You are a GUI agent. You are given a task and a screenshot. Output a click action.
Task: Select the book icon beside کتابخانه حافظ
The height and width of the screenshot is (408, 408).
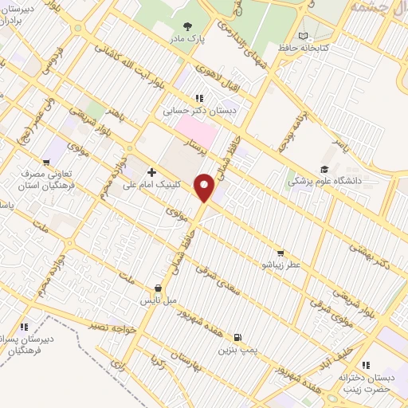(303, 36)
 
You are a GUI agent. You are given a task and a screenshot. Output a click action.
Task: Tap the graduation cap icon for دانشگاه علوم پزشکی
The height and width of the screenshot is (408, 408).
(324, 169)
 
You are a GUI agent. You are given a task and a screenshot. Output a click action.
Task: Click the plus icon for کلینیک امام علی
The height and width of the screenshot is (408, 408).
(151, 171)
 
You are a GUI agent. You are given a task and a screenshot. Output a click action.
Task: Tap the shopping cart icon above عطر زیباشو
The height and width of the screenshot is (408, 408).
(280, 252)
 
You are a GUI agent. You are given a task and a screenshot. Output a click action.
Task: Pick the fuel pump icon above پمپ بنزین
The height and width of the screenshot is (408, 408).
(237, 337)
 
